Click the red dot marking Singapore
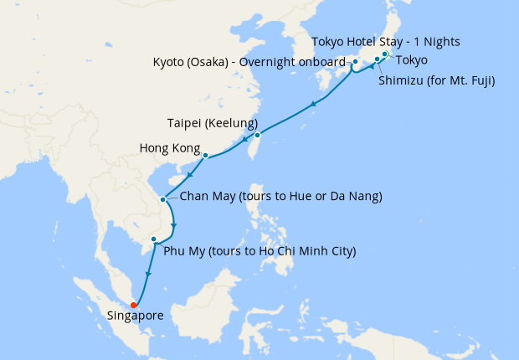[134, 305]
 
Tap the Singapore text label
[135, 316]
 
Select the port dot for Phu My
[153, 239]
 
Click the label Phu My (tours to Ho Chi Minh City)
[259, 250]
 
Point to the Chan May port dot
[162, 199]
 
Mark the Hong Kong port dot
[205, 155]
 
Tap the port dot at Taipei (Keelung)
[257, 135]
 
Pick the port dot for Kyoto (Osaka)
[355, 61]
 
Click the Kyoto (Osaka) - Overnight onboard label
[249, 62]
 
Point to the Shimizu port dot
[377, 59]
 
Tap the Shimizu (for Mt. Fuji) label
[436, 81]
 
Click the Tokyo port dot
[385, 54]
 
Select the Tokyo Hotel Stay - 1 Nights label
[385, 41]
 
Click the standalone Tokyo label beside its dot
[413, 59]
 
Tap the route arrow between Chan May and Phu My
[172, 226]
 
